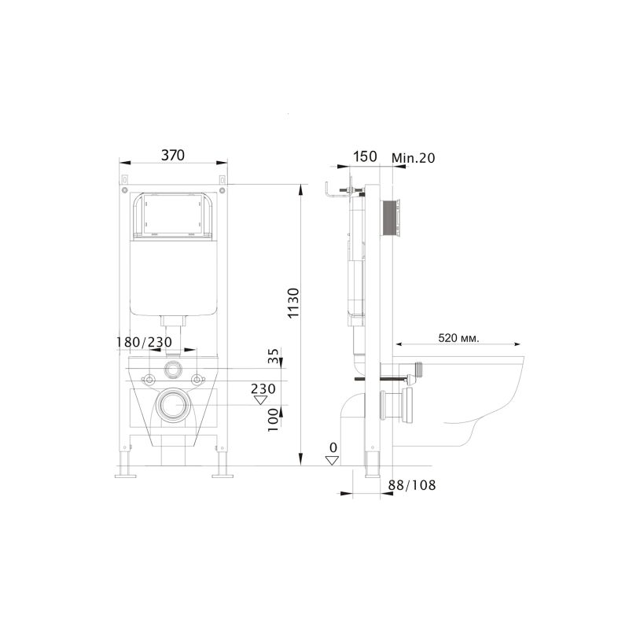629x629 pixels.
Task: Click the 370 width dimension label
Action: (x=172, y=155)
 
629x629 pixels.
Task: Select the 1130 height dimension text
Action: (x=292, y=303)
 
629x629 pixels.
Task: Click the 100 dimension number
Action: (x=273, y=418)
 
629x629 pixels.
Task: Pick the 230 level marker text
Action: (x=263, y=388)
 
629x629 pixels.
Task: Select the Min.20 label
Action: (x=414, y=157)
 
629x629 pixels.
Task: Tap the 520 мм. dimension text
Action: (x=458, y=338)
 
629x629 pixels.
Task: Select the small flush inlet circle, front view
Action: (x=173, y=369)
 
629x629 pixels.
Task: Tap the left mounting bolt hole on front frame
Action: (x=147, y=380)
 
